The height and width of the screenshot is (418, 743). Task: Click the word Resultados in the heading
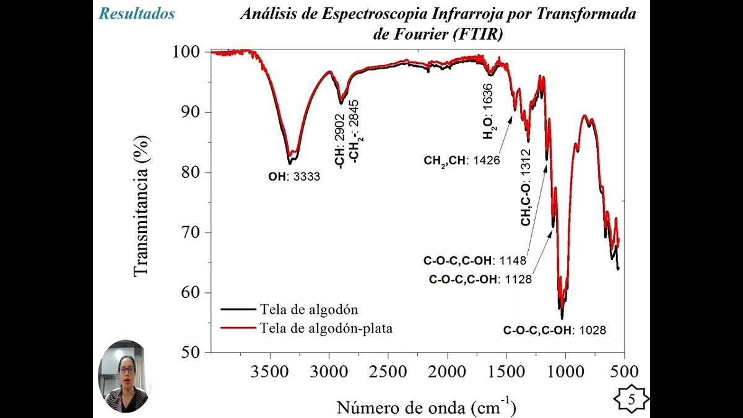[x=137, y=14]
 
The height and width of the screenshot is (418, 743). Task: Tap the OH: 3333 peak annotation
[x=294, y=176]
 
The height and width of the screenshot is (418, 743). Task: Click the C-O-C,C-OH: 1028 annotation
[x=554, y=331]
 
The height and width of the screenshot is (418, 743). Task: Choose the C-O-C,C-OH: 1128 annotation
[x=480, y=279]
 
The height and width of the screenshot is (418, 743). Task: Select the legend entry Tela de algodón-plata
[x=326, y=328]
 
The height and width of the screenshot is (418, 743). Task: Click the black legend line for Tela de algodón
[x=238, y=309]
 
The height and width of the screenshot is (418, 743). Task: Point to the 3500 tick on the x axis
[x=270, y=372]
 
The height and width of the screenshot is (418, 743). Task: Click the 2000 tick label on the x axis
[x=447, y=372]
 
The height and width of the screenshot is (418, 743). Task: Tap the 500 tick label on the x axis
[x=624, y=372]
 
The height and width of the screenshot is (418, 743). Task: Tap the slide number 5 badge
[x=632, y=399]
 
